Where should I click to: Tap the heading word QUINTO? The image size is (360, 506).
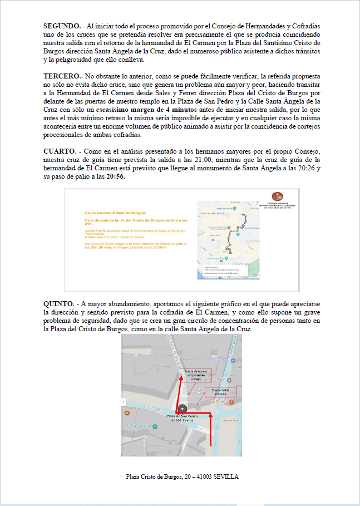(x=58, y=303)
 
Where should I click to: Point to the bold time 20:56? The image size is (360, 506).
(x=116, y=176)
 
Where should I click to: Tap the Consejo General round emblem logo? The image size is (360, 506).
(x=277, y=196)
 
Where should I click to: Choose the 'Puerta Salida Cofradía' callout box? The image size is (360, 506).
(x=220, y=392)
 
